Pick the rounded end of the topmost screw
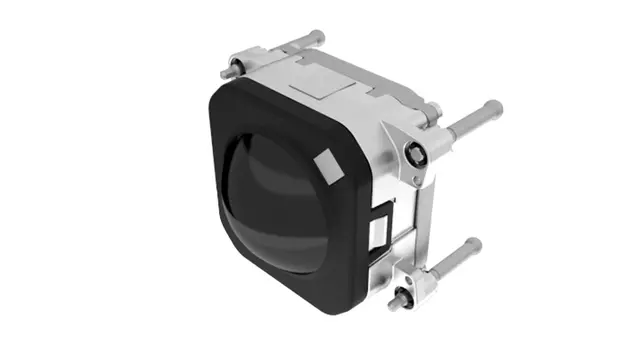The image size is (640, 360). pos(319,35)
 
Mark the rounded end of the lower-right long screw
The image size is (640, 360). pos(475,244)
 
